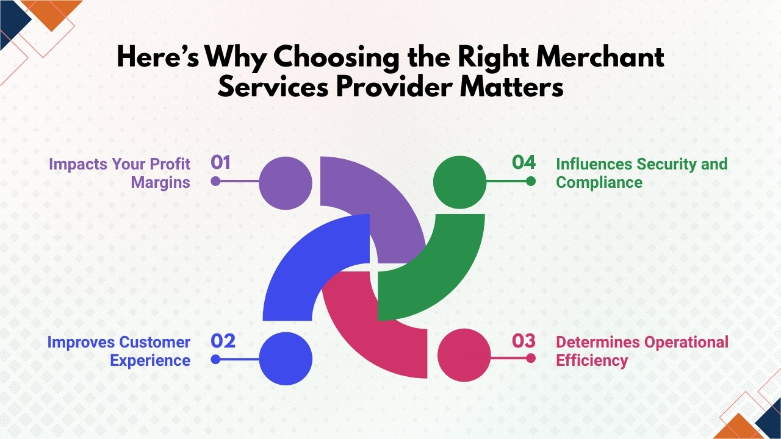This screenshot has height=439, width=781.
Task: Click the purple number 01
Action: click(221, 162)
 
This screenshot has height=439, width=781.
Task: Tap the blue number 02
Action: click(223, 341)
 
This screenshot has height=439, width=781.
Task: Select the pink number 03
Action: click(524, 341)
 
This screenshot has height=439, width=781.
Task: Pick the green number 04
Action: click(524, 162)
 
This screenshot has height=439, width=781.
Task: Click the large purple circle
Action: click(286, 182)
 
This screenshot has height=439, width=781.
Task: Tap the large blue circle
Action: click(286, 359)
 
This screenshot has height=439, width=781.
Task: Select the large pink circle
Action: click(464, 355)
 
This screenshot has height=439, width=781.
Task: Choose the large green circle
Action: click(459, 181)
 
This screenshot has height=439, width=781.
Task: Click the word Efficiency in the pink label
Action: click(591, 360)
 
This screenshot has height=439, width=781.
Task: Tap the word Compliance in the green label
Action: click(599, 182)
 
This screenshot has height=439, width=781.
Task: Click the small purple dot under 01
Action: click(215, 181)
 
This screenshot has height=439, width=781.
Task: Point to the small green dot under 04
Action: click(531, 181)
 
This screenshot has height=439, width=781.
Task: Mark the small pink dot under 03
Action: click(531, 359)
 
